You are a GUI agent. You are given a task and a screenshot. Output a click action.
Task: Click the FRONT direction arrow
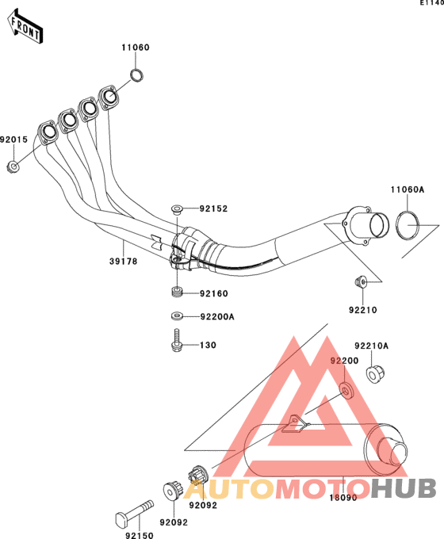click(x=25, y=26)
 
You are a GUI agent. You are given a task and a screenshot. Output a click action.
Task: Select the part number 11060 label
click(x=136, y=48)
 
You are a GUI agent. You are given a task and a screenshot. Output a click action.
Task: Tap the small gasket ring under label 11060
click(x=136, y=75)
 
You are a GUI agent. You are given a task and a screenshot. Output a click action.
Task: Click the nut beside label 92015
click(x=13, y=167)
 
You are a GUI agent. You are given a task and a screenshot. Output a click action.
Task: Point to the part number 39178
click(x=124, y=262)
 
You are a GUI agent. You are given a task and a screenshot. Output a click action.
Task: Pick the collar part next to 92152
click(x=177, y=209)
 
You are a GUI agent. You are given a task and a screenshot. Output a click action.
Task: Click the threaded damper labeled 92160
click(x=177, y=292)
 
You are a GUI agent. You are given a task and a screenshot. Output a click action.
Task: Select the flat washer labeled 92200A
click(x=177, y=315)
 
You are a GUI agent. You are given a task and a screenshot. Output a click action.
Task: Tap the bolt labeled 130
click(x=176, y=341)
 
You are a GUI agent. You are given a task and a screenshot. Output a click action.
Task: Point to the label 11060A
click(x=408, y=189)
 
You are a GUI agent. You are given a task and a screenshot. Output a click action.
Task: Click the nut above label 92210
click(x=361, y=281)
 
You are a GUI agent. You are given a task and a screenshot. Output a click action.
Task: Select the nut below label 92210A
click(x=374, y=374)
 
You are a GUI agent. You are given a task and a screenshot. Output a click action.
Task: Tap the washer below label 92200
click(x=346, y=390)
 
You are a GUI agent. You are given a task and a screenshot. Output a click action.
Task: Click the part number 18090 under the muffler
click(x=343, y=498)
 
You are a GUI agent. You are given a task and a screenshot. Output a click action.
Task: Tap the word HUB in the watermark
click(x=404, y=488)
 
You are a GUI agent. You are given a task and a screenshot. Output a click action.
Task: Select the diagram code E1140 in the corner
click(x=432, y=2)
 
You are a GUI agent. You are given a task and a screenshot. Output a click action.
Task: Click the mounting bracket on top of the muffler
click(x=296, y=423)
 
